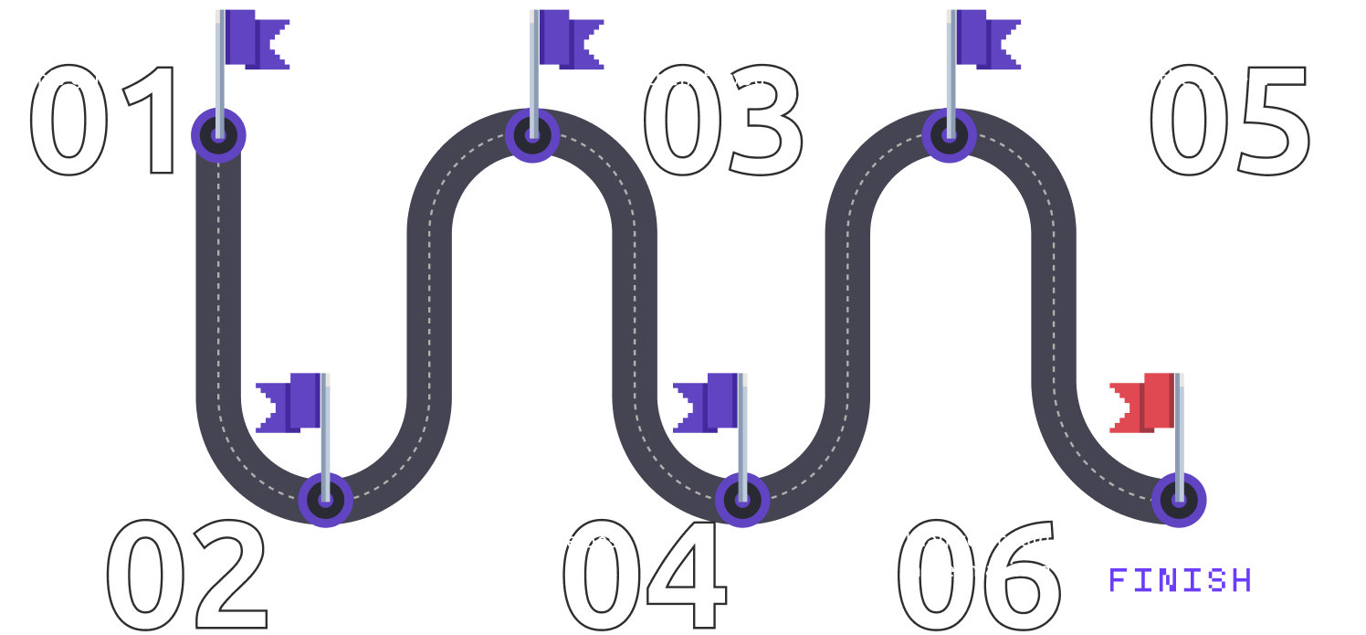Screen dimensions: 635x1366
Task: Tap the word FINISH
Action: point(1180,581)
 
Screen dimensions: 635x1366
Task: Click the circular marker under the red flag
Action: point(1179,500)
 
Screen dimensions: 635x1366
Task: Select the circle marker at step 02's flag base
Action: point(325,500)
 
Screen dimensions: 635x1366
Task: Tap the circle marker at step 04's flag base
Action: point(741,500)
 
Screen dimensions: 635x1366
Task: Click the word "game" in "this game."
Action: point(100,79)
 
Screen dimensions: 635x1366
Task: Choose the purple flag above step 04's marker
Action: point(708,402)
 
